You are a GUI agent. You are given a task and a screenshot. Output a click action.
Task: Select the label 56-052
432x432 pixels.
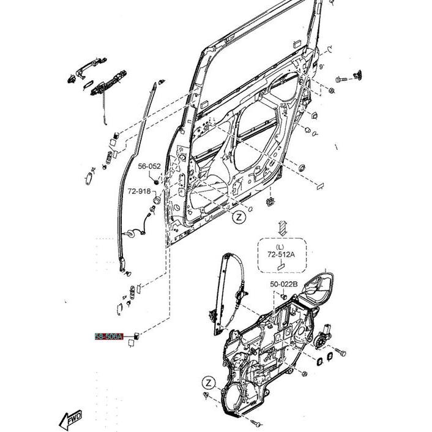(x=149, y=166)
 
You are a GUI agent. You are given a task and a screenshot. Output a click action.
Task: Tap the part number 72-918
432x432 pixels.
(x=139, y=191)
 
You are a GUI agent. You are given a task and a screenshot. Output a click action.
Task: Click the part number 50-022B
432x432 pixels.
(x=283, y=285)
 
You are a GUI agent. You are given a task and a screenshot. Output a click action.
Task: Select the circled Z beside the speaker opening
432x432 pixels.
(x=209, y=383)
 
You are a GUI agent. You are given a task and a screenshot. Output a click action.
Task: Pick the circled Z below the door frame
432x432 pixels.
(x=240, y=217)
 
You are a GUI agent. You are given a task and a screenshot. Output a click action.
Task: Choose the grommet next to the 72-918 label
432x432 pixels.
(x=156, y=199)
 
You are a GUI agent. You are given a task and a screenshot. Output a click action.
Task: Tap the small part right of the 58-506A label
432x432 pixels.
(x=137, y=336)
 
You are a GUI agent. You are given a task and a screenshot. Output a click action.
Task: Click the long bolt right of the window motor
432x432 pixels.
(x=341, y=353)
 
